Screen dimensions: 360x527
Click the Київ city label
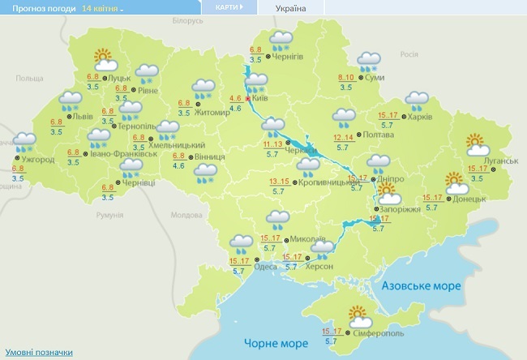(260, 97)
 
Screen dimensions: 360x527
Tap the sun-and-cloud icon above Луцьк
(103, 58)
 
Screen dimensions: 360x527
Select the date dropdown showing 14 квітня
(103, 8)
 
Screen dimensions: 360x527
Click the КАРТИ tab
(229, 7)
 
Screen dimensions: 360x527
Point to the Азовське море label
(421, 286)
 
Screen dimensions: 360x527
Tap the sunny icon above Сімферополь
(357, 315)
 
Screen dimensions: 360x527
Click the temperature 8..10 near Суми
(346, 77)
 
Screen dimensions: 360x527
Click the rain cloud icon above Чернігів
(281, 40)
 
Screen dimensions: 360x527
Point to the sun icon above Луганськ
(476, 145)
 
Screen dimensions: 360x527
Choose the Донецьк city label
(469, 198)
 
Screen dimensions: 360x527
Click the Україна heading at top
(291, 8)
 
